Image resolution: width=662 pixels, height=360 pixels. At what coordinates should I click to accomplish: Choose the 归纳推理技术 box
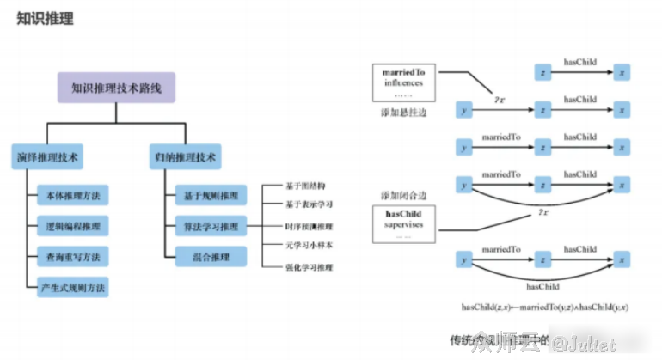185,157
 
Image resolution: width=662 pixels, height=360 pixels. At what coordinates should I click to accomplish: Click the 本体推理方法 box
73,197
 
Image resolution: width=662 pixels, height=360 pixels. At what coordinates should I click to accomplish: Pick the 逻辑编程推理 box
73,227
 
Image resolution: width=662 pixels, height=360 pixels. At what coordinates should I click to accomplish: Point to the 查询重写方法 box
73,255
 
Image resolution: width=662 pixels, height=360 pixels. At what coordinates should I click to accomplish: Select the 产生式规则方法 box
73,285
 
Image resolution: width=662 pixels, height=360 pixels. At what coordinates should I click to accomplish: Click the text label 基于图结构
304,186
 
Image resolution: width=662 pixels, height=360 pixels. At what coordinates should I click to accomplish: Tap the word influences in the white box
403,83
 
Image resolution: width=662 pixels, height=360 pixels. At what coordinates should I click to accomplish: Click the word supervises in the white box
403,225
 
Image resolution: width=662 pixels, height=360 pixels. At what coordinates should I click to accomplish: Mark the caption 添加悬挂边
403,113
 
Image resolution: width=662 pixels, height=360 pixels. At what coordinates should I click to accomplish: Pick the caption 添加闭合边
403,196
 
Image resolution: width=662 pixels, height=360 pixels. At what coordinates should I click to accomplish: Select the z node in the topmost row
542,72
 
